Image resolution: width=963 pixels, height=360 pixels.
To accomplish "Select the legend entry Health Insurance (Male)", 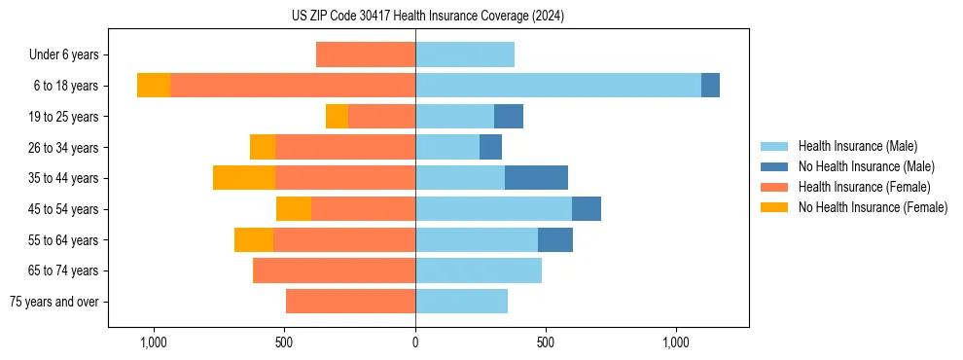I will click(x=857, y=146).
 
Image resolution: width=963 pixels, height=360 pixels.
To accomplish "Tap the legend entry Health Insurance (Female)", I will click(x=864, y=187).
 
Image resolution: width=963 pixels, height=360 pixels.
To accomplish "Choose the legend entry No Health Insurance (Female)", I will click(x=873, y=207).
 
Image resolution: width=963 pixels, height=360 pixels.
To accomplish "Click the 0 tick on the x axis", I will click(x=415, y=342).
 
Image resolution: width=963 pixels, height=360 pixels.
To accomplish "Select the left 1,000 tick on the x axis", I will click(x=154, y=342).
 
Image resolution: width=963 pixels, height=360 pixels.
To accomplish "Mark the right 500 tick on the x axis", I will click(x=546, y=342).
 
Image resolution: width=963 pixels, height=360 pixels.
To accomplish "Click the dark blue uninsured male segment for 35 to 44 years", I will click(x=536, y=178).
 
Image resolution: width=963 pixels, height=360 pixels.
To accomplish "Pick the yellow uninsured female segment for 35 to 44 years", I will click(x=244, y=178).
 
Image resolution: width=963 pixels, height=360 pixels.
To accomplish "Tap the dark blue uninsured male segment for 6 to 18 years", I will click(x=710, y=86).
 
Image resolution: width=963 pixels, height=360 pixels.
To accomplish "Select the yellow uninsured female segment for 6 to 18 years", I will click(x=154, y=86).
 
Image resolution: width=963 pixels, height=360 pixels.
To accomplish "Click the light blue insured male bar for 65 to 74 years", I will click(x=479, y=270).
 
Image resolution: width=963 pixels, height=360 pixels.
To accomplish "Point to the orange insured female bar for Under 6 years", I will click(x=366, y=54).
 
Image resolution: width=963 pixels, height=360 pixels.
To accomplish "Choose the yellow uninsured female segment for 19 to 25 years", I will click(x=337, y=117).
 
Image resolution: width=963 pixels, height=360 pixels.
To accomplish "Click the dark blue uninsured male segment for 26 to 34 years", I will click(x=490, y=147).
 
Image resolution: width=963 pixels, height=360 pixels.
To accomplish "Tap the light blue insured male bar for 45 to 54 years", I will click(x=493, y=209).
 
